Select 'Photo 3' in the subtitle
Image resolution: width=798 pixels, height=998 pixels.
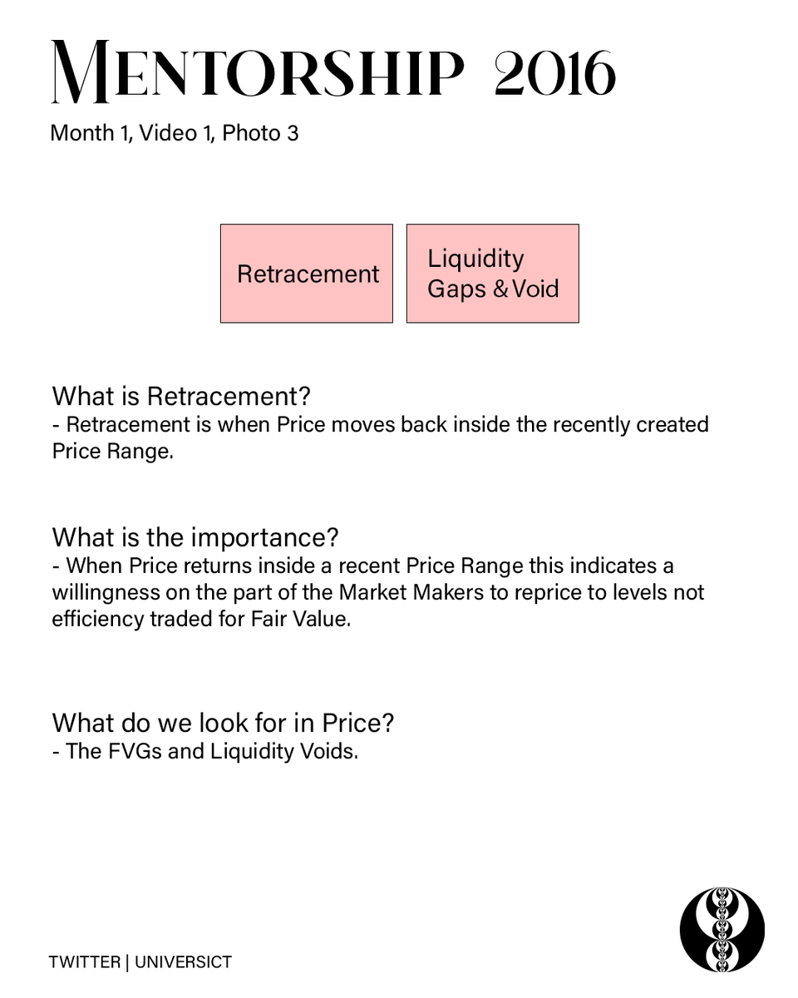coord(260,133)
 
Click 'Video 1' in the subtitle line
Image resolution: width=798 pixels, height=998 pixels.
coord(170,133)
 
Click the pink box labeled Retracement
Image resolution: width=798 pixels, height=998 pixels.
coord(307,274)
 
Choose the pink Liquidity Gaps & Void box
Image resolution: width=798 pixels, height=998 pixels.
coord(492,274)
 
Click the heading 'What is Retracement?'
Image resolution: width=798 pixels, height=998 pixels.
coord(180,396)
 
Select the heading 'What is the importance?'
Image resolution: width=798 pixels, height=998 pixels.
coord(195,537)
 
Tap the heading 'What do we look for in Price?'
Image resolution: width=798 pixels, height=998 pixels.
coord(223,723)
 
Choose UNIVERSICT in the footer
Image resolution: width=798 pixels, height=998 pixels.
coord(183,962)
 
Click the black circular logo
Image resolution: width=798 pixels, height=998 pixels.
coord(722,929)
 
